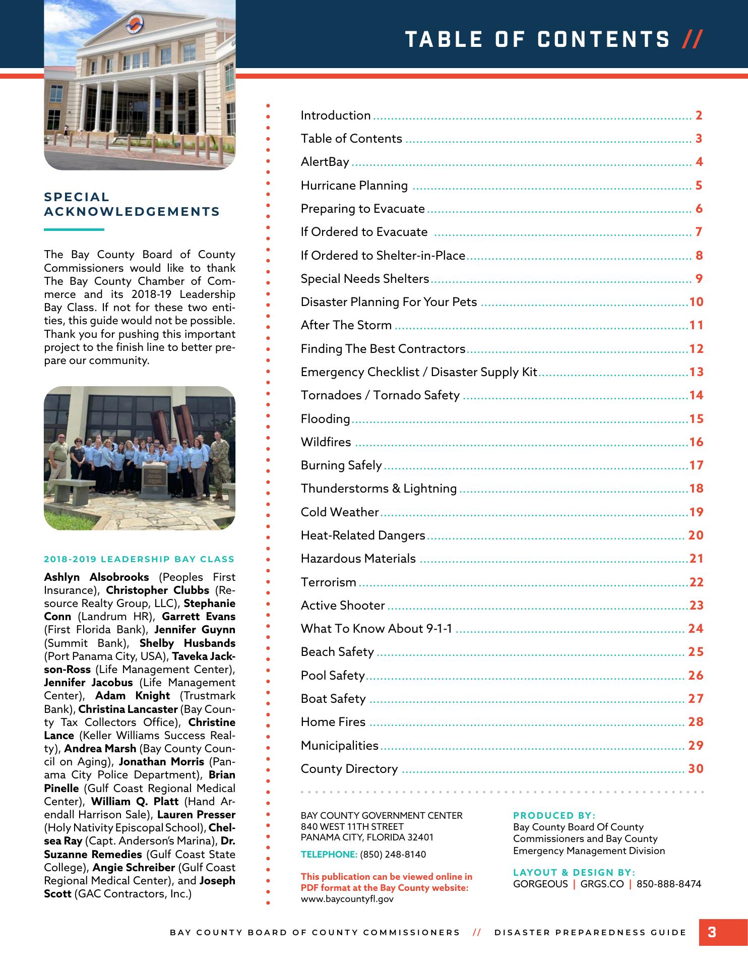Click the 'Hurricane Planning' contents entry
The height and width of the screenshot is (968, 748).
pos(354,186)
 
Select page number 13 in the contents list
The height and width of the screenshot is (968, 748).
pos(696,372)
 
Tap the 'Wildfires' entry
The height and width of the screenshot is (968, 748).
pos(326,442)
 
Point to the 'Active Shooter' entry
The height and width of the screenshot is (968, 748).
pos(343,606)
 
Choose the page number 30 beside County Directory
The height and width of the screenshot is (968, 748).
pos(696,769)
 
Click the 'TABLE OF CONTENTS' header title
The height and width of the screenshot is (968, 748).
pos(537,39)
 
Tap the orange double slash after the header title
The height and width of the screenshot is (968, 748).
pos(692,39)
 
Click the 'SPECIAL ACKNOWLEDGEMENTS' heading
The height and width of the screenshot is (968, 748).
pos(132,204)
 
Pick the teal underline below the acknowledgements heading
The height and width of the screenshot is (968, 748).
pos(74,230)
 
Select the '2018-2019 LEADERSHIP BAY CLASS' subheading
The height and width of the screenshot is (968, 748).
pos(139,559)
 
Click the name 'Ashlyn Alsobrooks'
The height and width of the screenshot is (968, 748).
pos(96,577)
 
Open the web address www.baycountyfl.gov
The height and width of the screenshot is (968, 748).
pos(347,899)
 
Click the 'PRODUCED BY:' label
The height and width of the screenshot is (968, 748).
pos(554,815)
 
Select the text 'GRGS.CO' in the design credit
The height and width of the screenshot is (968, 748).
pos(602,884)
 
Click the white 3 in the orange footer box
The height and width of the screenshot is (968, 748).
pos(712,932)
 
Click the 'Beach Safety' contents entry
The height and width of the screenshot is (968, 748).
pos(337,652)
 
